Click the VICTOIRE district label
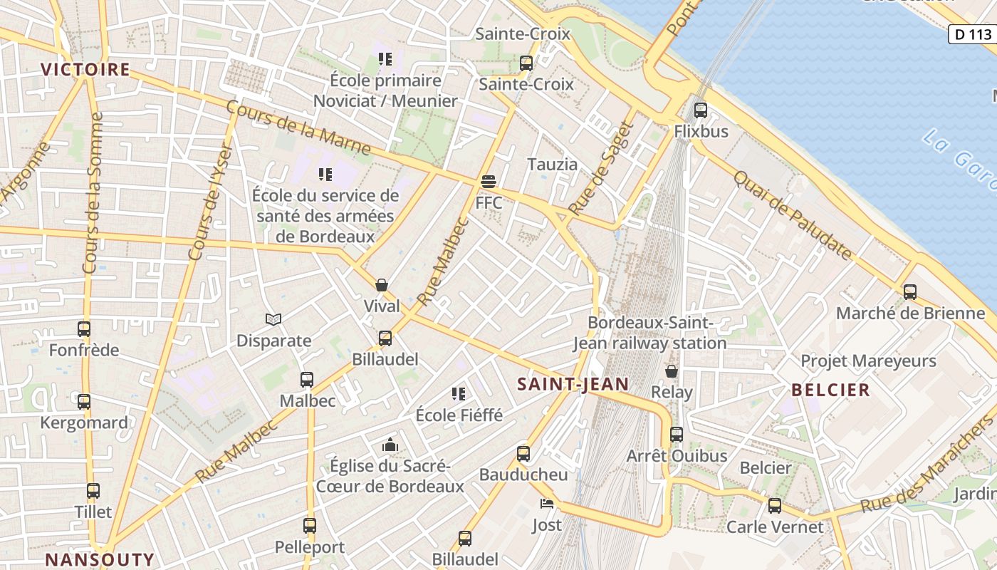85,69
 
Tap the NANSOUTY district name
100,559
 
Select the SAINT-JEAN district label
573,384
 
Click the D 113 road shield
973,33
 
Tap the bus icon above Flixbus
701,110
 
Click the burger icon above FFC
489,182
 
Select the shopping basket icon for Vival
382,285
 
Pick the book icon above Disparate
273,319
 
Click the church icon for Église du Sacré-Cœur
390,445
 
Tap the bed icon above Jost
546,504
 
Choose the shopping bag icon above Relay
671,370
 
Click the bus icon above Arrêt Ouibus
676,434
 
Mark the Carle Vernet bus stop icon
774,505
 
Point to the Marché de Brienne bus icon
909,291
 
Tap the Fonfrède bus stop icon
84,328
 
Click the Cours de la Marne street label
298,128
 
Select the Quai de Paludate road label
793,215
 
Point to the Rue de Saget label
602,169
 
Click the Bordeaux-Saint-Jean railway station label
649,333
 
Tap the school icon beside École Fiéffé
459,393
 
